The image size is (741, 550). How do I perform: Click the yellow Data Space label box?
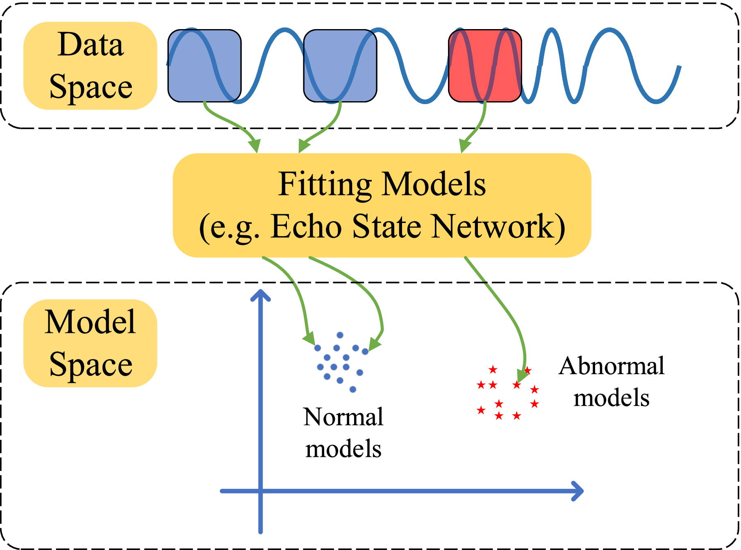[90, 66]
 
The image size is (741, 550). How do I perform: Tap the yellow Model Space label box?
[90, 343]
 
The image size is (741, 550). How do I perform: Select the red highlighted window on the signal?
[485, 66]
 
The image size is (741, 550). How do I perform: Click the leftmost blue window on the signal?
[204, 66]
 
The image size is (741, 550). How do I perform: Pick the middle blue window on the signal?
[340, 66]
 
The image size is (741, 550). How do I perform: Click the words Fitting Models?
[382, 184]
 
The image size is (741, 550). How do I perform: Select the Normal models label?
[343, 433]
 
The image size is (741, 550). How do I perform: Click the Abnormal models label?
[611, 382]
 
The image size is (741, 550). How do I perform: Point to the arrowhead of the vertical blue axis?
[260, 294]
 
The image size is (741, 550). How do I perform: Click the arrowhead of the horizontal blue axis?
[579, 491]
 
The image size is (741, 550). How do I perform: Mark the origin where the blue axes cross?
[260, 491]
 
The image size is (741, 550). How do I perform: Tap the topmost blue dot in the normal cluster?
[340, 335]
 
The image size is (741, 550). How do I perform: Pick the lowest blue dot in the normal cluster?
[353, 389]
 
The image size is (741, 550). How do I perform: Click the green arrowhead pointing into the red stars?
[522, 375]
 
